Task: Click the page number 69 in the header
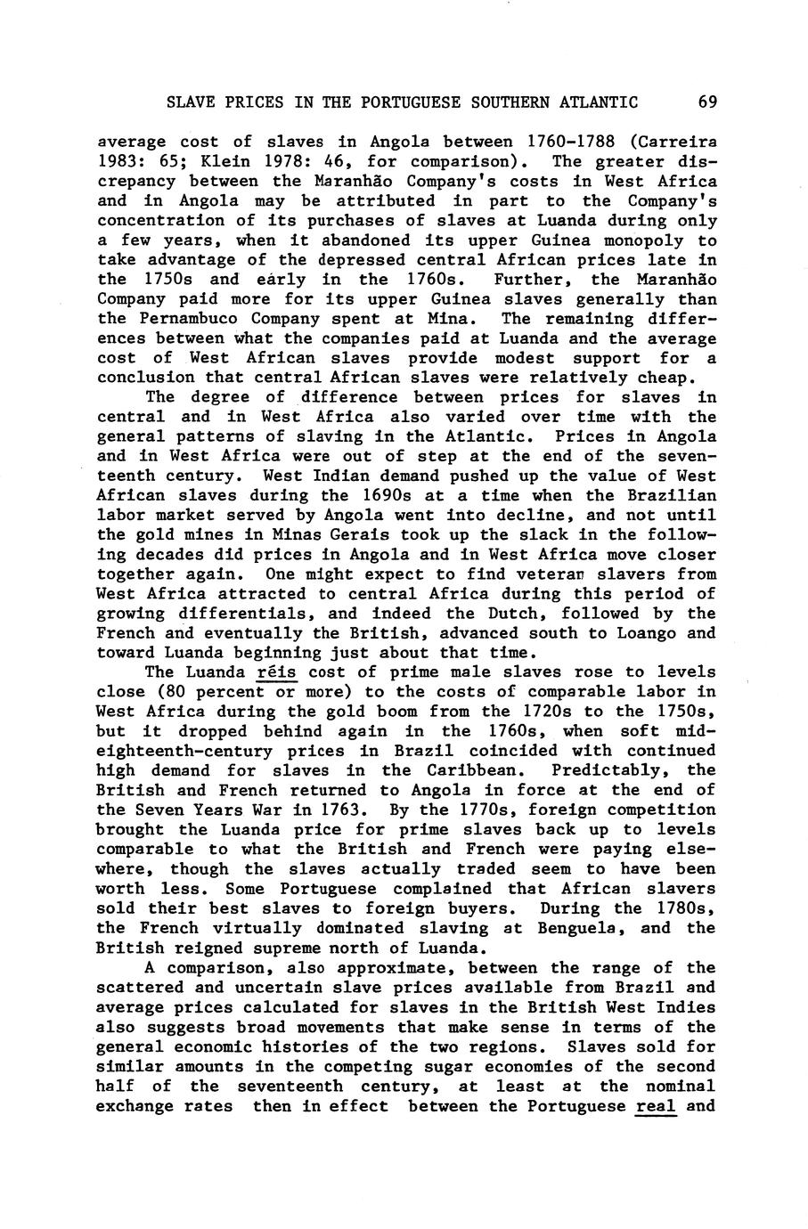click(x=707, y=102)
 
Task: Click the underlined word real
click(x=656, y=1106)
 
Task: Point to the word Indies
click(x=685, y=1007)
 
